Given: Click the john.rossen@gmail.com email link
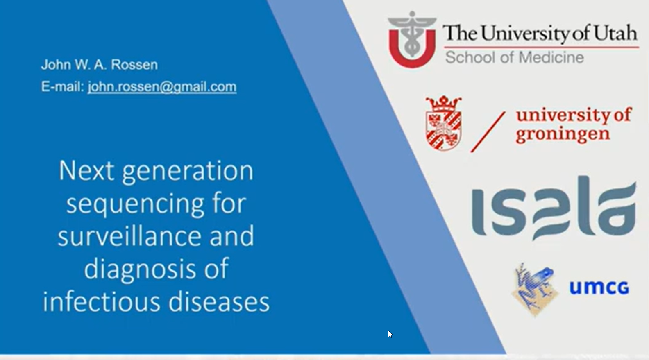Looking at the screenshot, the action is (162, 86).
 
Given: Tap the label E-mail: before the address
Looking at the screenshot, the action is (63, 86).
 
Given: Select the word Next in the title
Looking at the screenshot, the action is (86, 171).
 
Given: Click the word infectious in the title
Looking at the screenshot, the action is (102, 302).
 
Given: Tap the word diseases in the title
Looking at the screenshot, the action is (219, 302).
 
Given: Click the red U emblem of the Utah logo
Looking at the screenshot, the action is (412, 40).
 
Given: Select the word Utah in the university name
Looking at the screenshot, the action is (616, 32).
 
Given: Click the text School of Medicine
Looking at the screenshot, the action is (515, 57).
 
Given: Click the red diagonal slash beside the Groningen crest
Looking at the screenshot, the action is (488, 132).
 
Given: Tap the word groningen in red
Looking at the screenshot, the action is (563, 134).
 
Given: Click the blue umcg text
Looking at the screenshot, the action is (599, 288).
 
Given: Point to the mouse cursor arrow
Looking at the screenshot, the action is (390, 334).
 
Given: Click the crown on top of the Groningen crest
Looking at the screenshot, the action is (444, 104).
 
